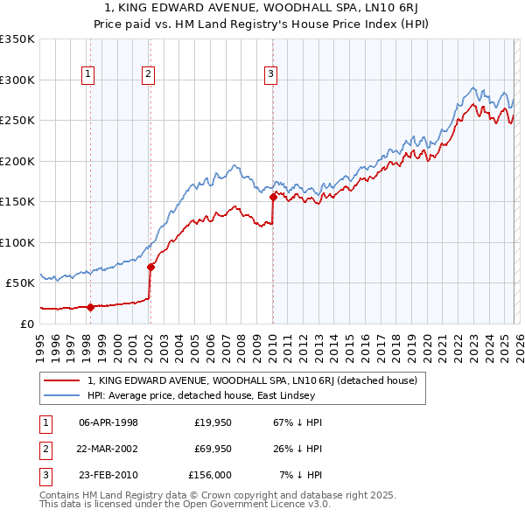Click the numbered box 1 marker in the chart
click(89, 75)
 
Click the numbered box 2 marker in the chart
click(149, 75)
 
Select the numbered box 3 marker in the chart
click(271, 75)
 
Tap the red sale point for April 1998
click(90, 307)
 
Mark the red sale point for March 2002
click(150, 267)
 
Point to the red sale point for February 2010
click(273, 197)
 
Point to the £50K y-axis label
click(19, 283)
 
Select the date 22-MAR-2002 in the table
click(108, 449)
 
